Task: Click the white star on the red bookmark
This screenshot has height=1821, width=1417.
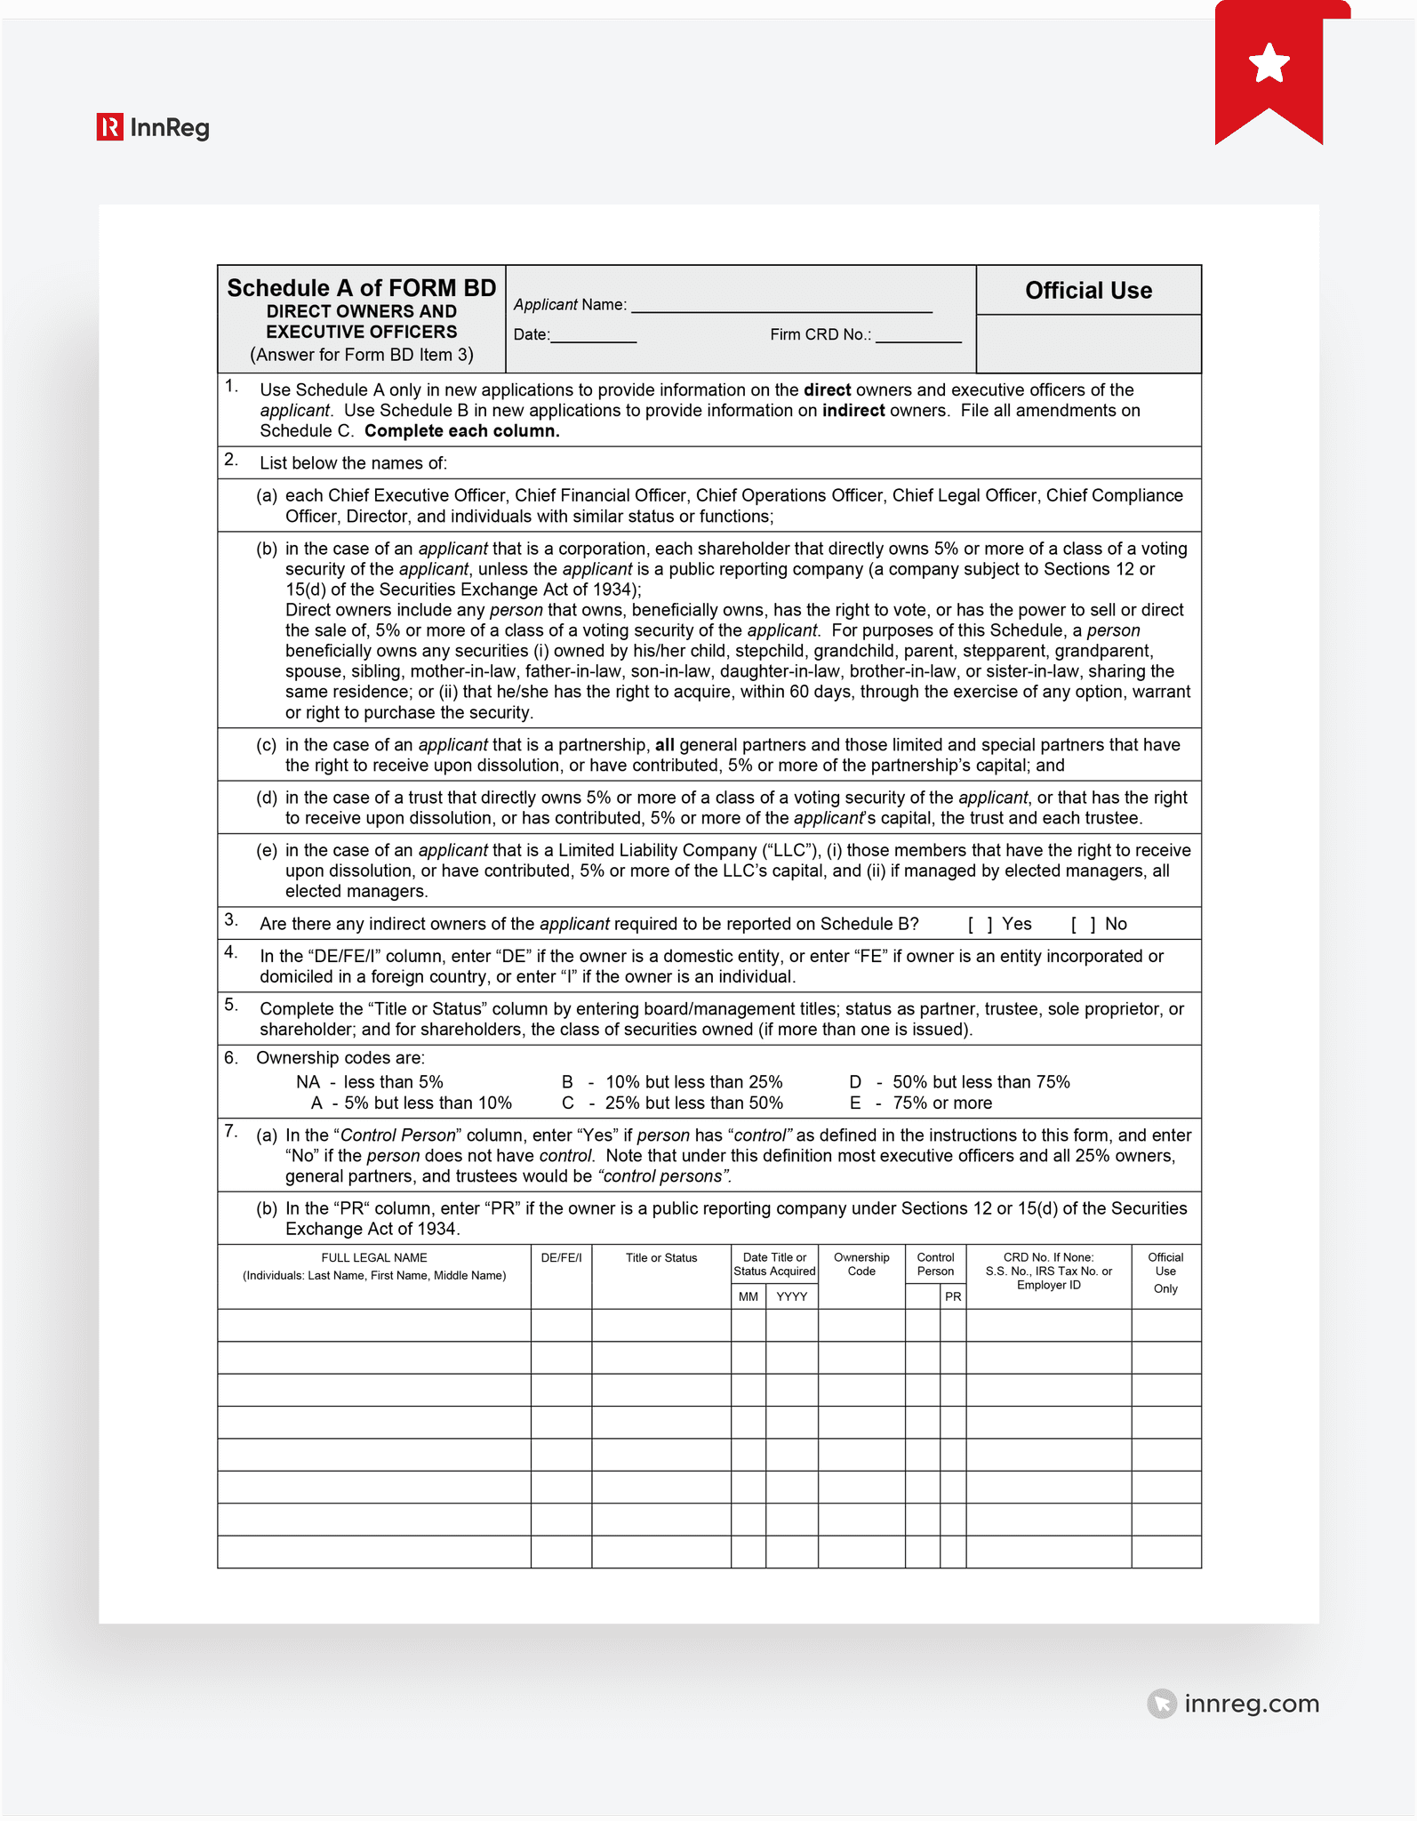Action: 1269,63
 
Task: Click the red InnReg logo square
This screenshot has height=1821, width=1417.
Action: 109,127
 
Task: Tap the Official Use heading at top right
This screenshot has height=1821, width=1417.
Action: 1088,291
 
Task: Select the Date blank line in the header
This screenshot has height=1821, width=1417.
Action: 593,336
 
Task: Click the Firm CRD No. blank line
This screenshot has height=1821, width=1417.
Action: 917,336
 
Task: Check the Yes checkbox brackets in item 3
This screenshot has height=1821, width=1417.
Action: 980,924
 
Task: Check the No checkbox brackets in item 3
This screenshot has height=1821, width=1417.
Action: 1083,924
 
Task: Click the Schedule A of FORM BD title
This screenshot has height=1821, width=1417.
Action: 362,288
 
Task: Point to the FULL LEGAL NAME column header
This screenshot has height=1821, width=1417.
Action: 374,1257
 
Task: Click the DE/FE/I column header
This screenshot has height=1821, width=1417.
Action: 561,1257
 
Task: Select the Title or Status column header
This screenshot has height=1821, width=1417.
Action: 661,1257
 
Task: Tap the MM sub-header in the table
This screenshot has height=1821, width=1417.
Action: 749,1296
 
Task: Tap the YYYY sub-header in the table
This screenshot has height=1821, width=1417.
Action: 791,1296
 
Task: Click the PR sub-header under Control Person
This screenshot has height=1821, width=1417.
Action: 953,1296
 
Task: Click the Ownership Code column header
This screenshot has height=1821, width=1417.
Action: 861,1263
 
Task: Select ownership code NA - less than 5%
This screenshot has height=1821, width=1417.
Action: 369,1082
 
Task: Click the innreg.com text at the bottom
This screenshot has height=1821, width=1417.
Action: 1251,1704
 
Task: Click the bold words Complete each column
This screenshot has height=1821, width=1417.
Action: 461,431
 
